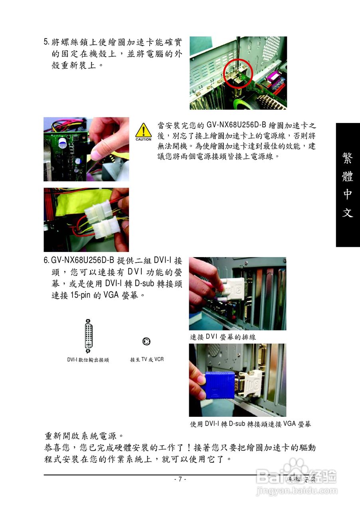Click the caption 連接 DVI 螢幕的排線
pyautogui.click(x=223, y=337)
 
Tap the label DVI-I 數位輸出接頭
pyautogui.click(x=88, y=360)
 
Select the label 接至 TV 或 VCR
pyautogui.click(x=146, y=359)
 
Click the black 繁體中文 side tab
pyautogui.click(x=348, y=185)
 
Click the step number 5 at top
pyautogui.click(x=46, y=42)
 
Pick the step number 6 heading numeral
pyautogui.click(x=46, y=261)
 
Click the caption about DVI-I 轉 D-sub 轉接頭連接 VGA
pyautogui.click(x=250, y=424)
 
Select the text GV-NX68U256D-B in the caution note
pyautogui.click(x=236, y=126)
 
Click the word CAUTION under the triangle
pyautogui.click(x=143, y=139)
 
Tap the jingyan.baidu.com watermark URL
pyautogui.click(x=297, y=491)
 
